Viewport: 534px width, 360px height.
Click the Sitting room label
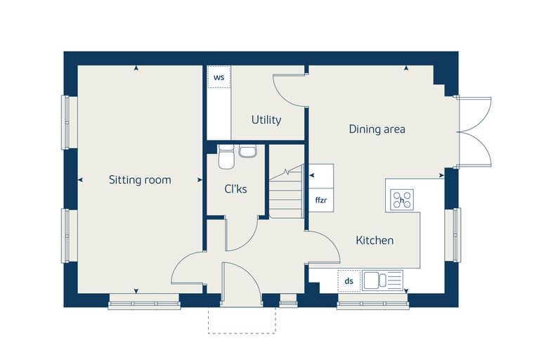140,180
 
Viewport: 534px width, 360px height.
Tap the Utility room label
266,120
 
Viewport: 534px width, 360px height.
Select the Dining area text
377,129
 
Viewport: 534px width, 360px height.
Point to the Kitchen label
375,240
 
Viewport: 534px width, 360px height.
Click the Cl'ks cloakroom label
235,189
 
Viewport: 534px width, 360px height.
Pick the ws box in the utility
219,77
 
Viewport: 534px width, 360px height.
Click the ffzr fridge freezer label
321,200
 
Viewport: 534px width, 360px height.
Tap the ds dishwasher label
349,281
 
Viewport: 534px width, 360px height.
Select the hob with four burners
402,200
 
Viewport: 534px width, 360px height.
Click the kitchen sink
382,281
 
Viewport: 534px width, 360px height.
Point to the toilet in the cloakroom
226,157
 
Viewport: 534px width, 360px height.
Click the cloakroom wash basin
247,151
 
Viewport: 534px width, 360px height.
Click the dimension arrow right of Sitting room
200,180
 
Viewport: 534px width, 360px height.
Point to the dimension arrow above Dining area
406,68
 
